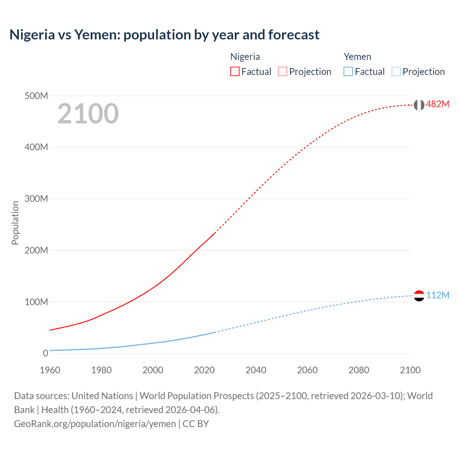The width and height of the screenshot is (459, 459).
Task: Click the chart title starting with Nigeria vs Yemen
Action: (x=164, y=35)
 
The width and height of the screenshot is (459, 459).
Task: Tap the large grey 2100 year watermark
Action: (x=88, y=114)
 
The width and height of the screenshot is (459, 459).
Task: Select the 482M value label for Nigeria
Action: (x=437, y=104)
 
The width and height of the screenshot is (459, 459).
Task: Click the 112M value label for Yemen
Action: (x=437, y=295)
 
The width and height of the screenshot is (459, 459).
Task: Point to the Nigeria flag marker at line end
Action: (x=419, y=105)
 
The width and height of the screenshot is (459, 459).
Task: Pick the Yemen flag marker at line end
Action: (x=419, y=296)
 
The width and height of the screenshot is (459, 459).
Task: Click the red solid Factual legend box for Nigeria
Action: (x=235, y=72)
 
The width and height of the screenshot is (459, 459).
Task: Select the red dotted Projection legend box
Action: (x=283, y=72)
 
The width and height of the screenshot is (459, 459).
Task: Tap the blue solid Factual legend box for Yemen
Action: (x=348, y=72)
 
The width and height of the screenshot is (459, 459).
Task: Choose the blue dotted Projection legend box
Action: (x=396, y=72)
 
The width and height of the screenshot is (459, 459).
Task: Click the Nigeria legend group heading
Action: (x=245, y=57)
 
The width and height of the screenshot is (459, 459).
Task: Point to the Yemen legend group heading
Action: (x=357, y=57)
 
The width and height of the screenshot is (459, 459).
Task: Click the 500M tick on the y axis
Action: (x=36, y=96)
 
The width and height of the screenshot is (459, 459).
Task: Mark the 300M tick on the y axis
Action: (x=36, y=199)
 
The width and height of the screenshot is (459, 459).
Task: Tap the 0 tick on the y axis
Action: (x=46, y=353)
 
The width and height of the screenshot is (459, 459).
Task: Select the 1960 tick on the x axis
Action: (x=50, y=370)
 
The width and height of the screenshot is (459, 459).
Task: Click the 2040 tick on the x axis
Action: (x=256, y=370)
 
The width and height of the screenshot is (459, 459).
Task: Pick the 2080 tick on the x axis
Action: (x=359, y=370)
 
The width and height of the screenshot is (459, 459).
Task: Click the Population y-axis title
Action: (x=15, y=223)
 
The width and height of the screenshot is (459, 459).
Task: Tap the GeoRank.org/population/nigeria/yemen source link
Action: (x=95, y=424)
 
